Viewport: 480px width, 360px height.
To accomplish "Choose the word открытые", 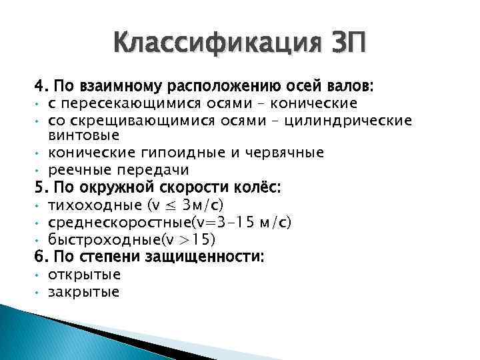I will click(x=85, y=274).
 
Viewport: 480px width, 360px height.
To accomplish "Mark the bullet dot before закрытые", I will click(x=39, y=291).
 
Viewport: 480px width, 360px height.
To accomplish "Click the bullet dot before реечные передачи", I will click(x=39, y=171).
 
